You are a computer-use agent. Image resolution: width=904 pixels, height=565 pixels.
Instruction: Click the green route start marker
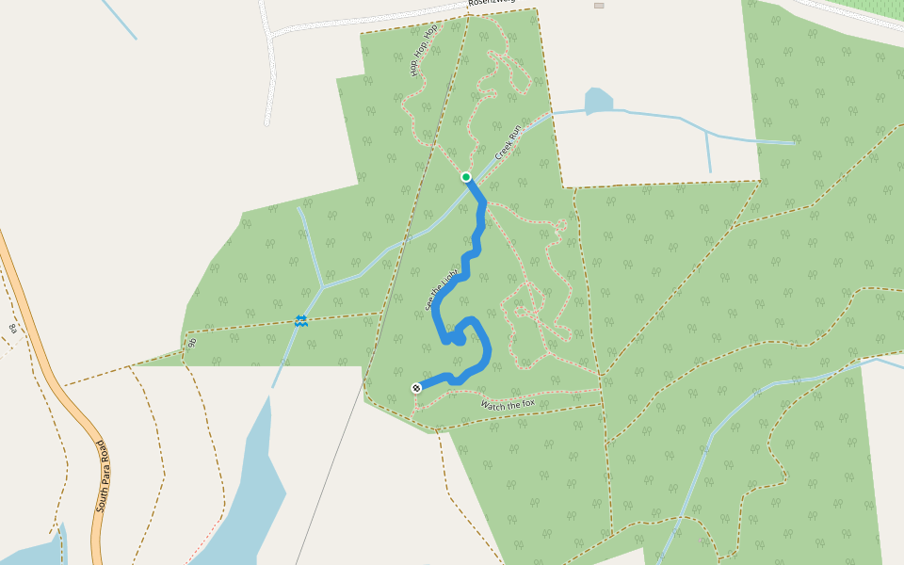click(x=465, y=177)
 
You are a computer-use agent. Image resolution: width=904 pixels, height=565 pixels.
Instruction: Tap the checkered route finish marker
click(x=415, y=388)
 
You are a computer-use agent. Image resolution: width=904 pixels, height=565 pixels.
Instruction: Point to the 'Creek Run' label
click(x=508, y=142)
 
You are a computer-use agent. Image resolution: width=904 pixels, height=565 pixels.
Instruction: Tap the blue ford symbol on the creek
click(x=300, y=321)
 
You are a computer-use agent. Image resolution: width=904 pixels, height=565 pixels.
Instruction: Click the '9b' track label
click(x=192, y=343)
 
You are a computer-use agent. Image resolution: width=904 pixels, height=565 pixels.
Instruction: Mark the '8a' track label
click(x=13, y=327)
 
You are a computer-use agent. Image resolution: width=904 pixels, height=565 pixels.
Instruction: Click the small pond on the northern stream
click(x=598, y=99)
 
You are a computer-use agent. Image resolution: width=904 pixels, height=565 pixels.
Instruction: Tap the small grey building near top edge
click(x=599, y=6)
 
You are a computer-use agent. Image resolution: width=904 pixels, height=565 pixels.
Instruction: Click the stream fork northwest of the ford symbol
click(x=322, y=284)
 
